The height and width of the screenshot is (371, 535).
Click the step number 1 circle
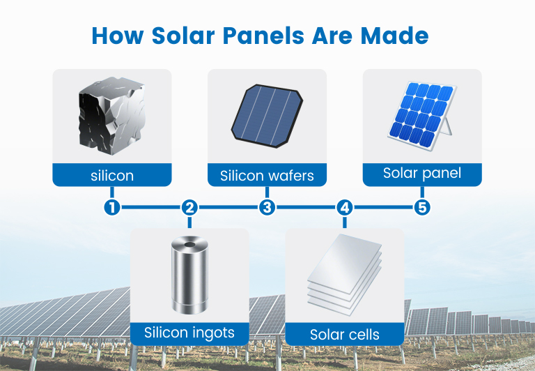click(112, 207)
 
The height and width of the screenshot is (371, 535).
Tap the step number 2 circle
click(189, 207)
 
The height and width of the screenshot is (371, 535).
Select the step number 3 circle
click(267, 207)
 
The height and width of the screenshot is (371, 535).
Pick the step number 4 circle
click(345, 207)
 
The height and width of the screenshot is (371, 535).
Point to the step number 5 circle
click(422, 207)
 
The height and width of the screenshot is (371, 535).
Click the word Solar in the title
click(183, 36)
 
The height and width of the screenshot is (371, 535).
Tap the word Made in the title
click(394, 36)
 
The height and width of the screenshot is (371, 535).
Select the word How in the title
click(118, 36)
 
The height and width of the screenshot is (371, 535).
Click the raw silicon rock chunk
click(111, 116)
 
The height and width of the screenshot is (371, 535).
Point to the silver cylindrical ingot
click(189, 275)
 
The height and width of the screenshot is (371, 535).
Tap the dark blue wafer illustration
click(267, 116)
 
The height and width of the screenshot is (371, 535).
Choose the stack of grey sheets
click(345, 274)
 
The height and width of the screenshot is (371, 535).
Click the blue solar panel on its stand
click(422, 115)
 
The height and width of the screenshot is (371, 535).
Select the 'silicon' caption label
click(112, 176)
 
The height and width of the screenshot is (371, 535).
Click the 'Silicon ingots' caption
click(189, 333)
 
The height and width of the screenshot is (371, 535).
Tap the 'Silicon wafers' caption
click(267, 176)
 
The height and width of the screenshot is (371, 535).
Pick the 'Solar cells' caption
click(345, 335)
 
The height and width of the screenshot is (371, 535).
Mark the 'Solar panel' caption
click(422, 173)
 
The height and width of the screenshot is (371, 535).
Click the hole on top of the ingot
click(189, 245)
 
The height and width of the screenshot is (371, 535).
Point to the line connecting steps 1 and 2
click(150, 207)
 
